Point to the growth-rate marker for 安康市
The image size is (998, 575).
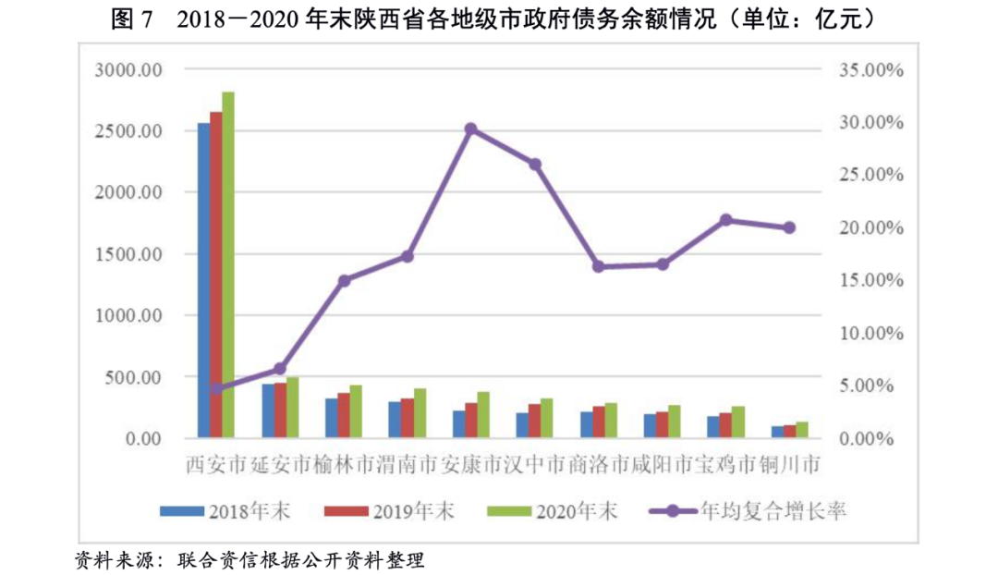point(470,129)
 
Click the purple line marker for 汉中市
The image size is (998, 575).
point(534,165)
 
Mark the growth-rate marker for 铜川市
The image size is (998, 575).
point(789,227)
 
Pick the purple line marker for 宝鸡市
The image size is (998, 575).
point(725,220)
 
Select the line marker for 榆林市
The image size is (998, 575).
point(344,280)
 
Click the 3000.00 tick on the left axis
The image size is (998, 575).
point(128,70)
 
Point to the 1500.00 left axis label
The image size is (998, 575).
point(128,254)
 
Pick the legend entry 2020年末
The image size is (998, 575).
point(572,510)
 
